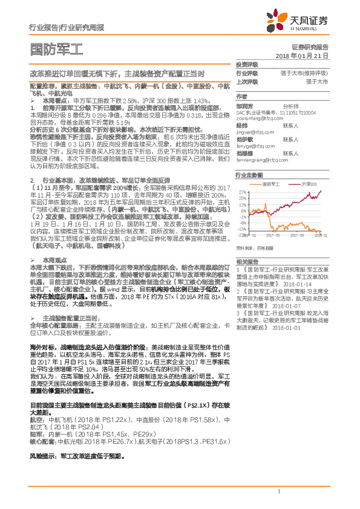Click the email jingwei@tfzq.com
[x=251, y=131]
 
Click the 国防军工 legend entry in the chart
[x=270, y=183]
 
